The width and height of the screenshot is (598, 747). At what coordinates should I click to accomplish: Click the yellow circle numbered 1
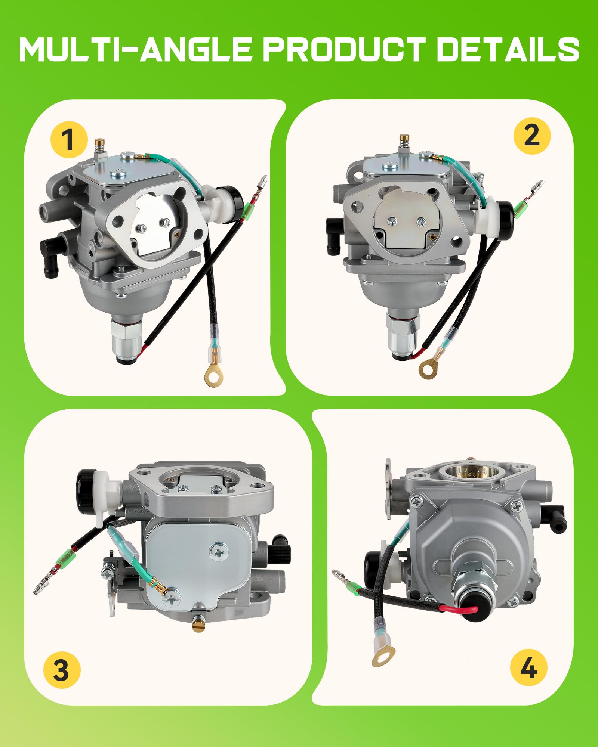[69, 140]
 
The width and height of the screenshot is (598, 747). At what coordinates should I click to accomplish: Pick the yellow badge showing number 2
[532, 136]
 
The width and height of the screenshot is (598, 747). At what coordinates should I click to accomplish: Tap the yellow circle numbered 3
[62, 670]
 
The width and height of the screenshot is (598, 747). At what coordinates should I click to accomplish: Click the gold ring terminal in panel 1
[214, 376]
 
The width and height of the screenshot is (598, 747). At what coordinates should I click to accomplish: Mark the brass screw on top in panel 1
[100, 142]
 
